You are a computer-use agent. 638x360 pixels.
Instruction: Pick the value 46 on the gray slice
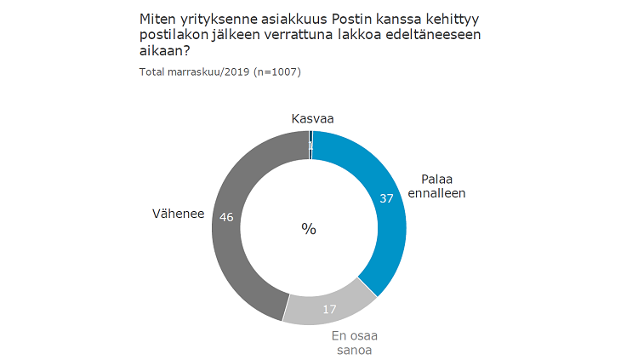(227, 217)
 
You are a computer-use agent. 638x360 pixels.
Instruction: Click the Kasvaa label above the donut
(311, 119)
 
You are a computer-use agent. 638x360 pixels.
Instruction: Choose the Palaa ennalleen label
(442, 186)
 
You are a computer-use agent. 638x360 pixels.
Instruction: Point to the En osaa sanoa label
(354, 342)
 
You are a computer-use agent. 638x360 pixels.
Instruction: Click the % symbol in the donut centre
(309, 228)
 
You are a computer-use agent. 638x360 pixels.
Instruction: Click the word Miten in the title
(155, 18)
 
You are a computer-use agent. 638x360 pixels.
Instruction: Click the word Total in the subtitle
(154, 71)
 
